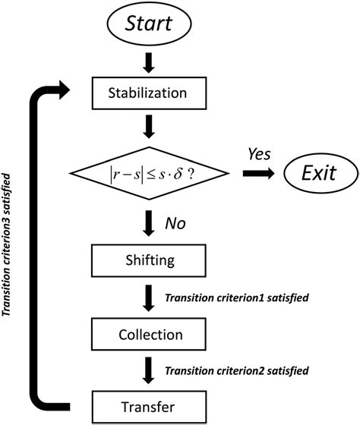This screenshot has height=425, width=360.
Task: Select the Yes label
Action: coord(259,154)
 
